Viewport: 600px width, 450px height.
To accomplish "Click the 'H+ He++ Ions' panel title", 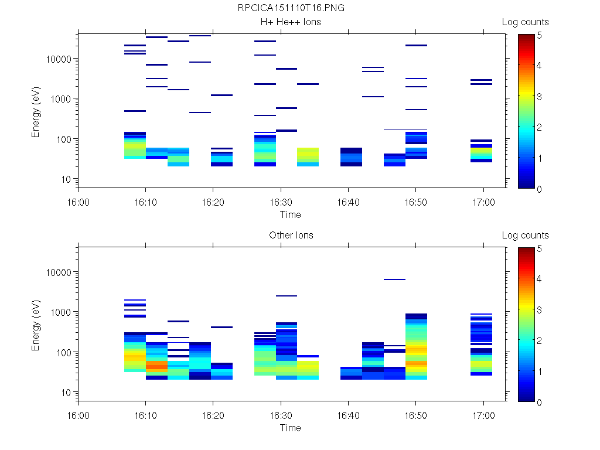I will click(291, 22).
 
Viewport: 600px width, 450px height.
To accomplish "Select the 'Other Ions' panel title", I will click(291, 236).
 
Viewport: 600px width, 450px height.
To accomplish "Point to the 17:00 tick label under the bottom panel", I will click(483, 415).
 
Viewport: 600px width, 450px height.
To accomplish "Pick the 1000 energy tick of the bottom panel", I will click(62, 312).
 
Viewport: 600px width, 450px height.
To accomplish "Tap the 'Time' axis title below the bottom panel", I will click(290, 428).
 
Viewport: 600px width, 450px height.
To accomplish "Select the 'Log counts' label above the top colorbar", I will click(525, 22).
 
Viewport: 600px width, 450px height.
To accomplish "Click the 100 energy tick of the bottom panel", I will click(64, 352).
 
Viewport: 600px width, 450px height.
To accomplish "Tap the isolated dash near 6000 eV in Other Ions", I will click(394, 279).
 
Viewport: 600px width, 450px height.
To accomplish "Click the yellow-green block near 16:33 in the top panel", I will click(308, 155).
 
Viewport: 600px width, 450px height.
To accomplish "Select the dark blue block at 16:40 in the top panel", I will click(351, 158).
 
